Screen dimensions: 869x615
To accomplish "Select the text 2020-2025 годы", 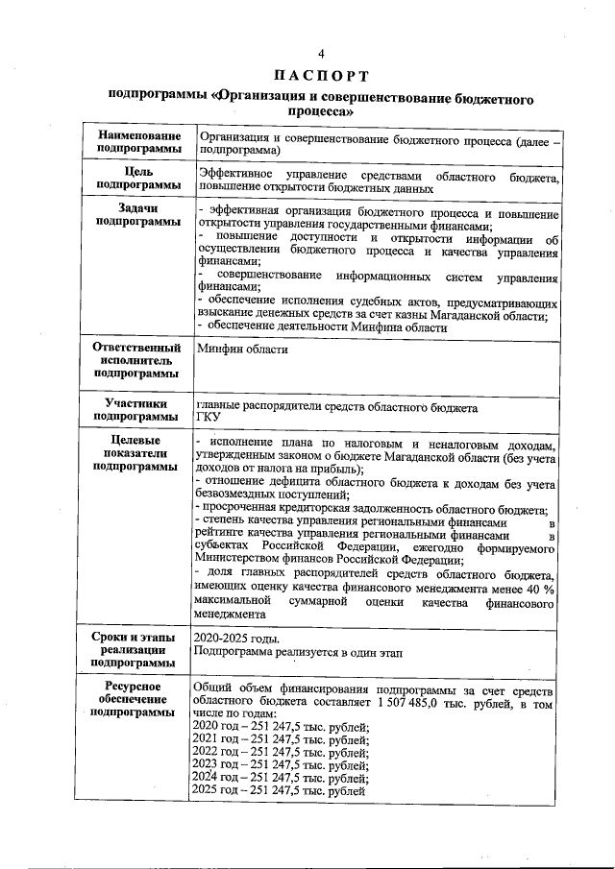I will pyautogui.click(x=236, y=638).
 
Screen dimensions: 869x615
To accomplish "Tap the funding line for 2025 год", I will pyautogui.click(x=279, y=790).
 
